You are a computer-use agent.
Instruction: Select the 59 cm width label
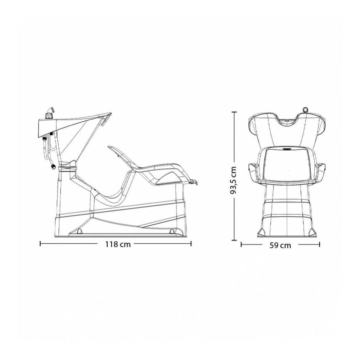pyautogui.click(x=280, y=245)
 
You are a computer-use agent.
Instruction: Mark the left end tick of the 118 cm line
pyautogui.click(x=40, y=244)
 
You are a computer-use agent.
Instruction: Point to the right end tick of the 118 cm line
pyautogui.click(x=191, y=244)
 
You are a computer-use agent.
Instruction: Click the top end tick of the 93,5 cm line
pyautogui.click(x=234, y=112)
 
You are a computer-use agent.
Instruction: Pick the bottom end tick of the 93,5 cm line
pyautogui.click(x=234, y=240)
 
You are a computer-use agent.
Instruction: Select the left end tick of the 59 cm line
pyautogui.click(x=241, y=245)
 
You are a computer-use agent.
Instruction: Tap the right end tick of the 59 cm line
pyautogui.click(x=320, y=245)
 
